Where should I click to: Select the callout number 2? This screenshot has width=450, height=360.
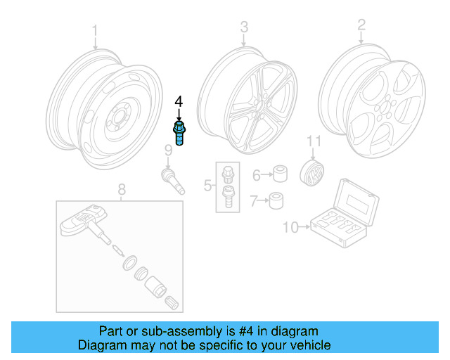point(361,26)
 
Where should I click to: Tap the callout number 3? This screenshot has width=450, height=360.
point(244,27)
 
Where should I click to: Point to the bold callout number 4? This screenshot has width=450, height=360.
point(179,103)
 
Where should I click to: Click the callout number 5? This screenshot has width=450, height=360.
point(208,186)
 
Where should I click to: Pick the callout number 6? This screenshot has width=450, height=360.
point(257,174)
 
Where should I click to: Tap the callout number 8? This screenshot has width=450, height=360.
point(121,188)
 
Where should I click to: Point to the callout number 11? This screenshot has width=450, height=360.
point(313,143)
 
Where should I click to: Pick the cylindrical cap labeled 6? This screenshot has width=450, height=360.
point(281,174)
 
